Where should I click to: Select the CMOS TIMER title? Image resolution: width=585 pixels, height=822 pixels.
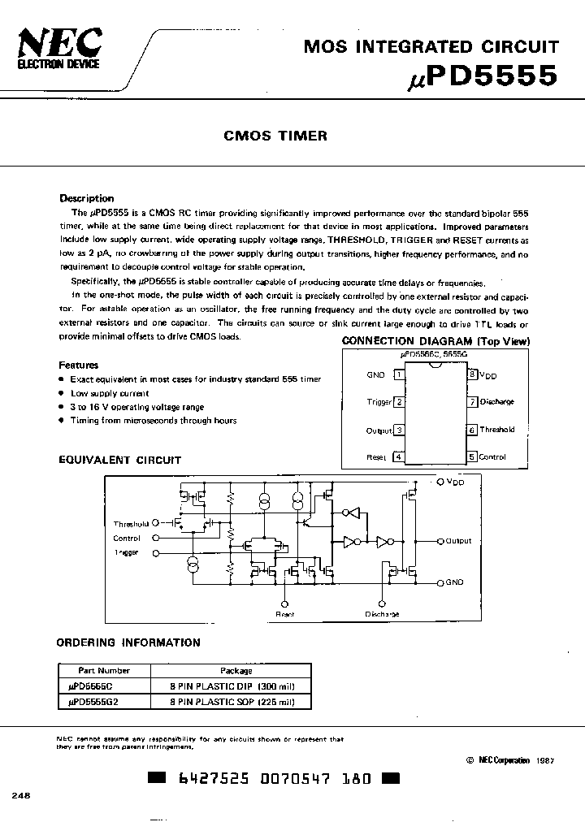click(275, 136)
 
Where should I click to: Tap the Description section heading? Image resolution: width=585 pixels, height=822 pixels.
click(87, 198)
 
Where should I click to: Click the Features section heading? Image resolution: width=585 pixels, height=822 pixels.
click(79, 366)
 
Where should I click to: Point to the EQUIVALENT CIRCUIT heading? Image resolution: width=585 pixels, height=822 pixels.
click(119, 460)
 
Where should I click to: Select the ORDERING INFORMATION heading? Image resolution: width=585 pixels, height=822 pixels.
click(128, 642)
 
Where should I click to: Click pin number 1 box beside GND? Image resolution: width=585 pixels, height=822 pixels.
click(398, 374)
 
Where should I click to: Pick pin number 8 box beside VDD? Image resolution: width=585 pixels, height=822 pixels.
click(471, 374)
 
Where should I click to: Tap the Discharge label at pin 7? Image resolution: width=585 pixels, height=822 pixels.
click(496, 402)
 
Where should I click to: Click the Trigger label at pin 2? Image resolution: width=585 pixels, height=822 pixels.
click(379, 402)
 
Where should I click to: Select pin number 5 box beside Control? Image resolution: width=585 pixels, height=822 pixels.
click(471, 456)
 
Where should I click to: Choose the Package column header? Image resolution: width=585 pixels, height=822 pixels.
click(236, 671)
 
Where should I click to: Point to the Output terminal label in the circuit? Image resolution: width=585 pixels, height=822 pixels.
click(458, 540)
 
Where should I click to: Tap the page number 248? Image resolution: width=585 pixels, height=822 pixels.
click(20, 796)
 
